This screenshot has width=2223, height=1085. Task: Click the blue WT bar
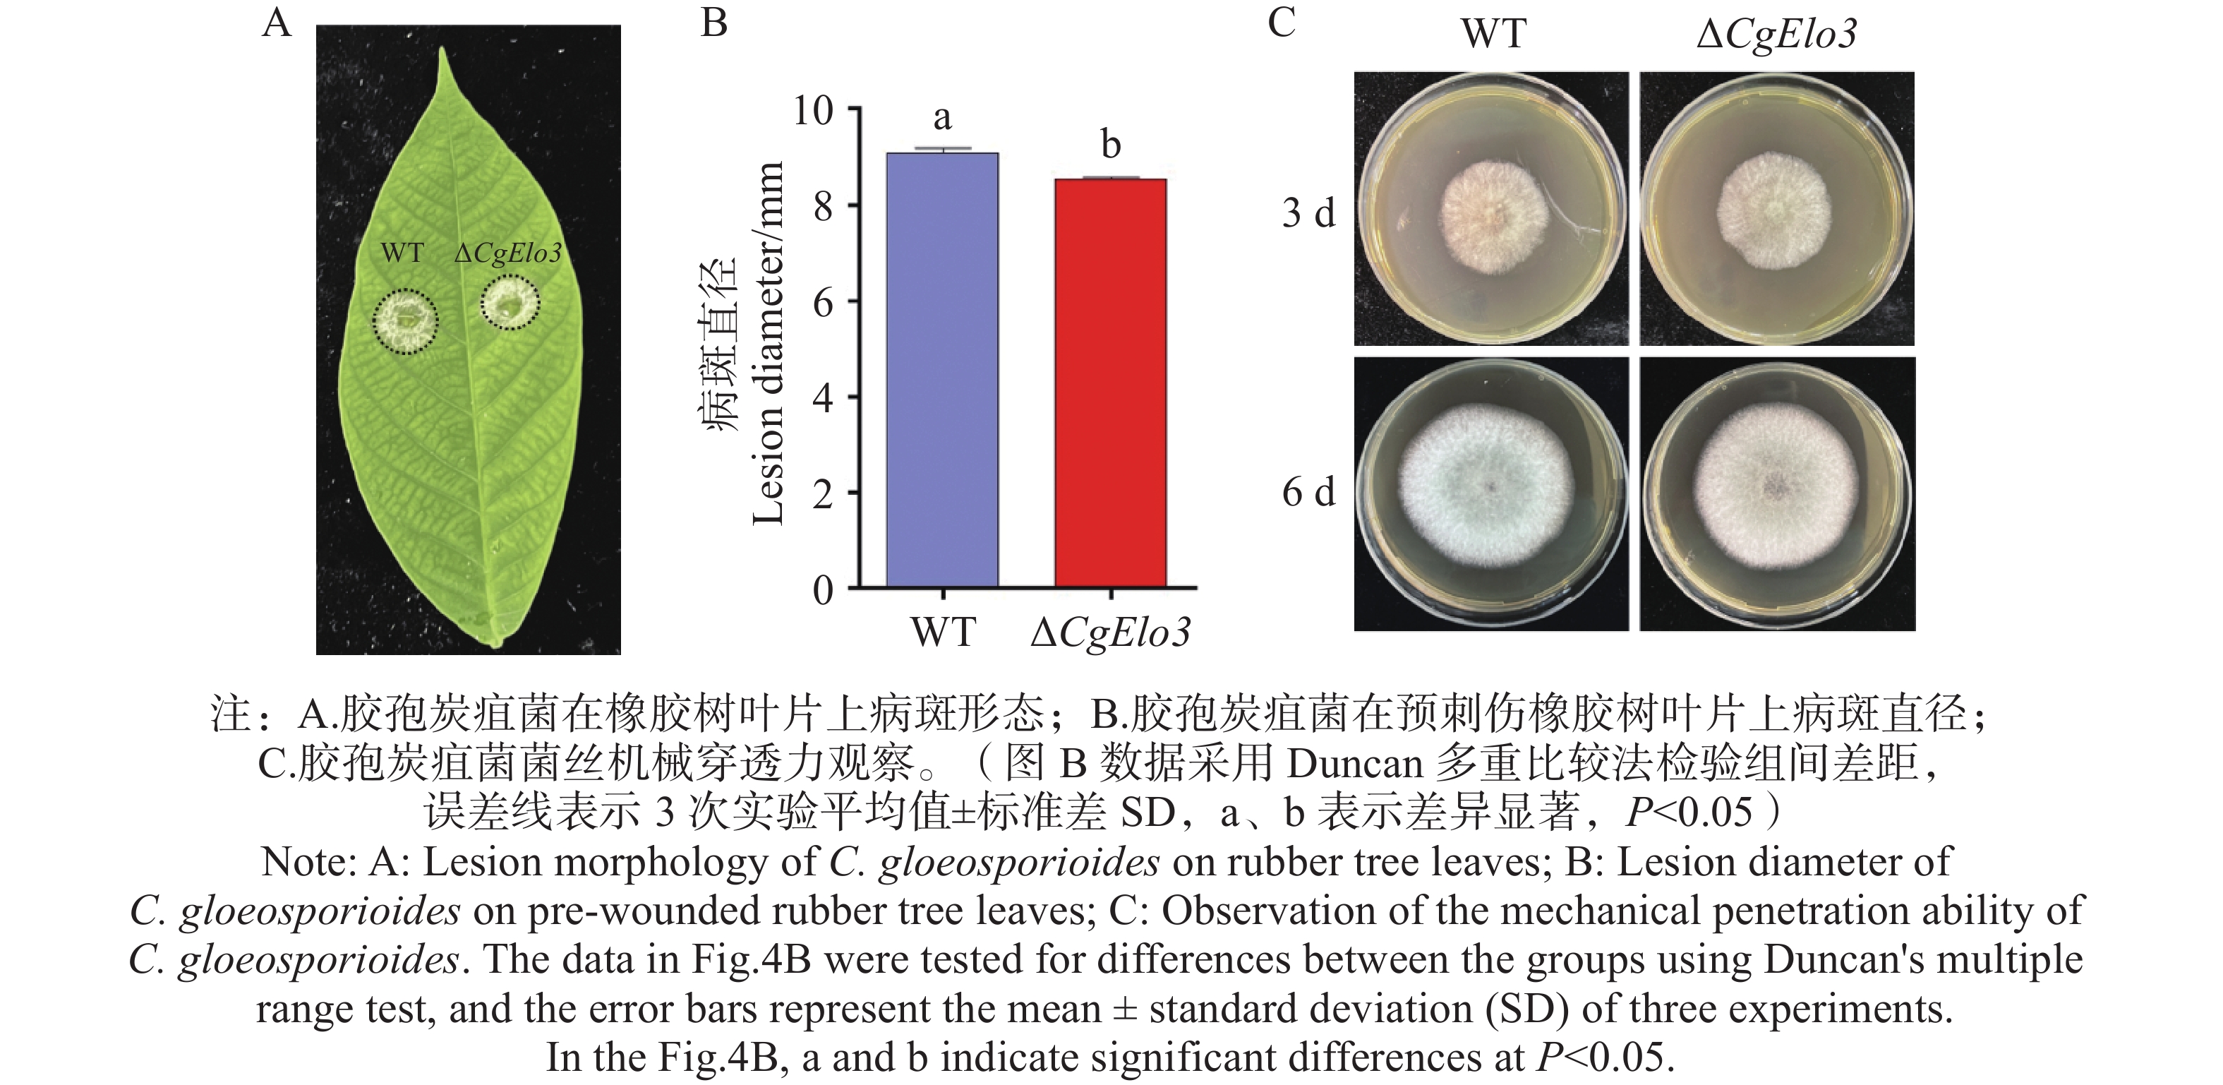tap(942, 371)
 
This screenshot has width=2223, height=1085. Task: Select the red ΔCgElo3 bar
tap(1110, 384)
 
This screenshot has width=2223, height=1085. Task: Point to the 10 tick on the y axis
tap(813, 111)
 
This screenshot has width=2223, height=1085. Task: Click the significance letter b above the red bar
tap(1111, 144)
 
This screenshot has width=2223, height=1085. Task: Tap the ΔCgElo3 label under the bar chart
tap(1111, 633)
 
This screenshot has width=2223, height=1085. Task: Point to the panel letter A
tap(276, 23)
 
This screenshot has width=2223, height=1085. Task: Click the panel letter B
tap(713, 23)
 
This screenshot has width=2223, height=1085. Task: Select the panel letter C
tap(1281, 23)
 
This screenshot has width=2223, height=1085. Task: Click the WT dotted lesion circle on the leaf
tap(405, 321)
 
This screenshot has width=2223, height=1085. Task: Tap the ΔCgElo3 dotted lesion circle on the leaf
tap(510, 302)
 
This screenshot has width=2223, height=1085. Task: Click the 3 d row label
tap(1308, 212)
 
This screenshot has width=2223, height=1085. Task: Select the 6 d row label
tap(1308, 492)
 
